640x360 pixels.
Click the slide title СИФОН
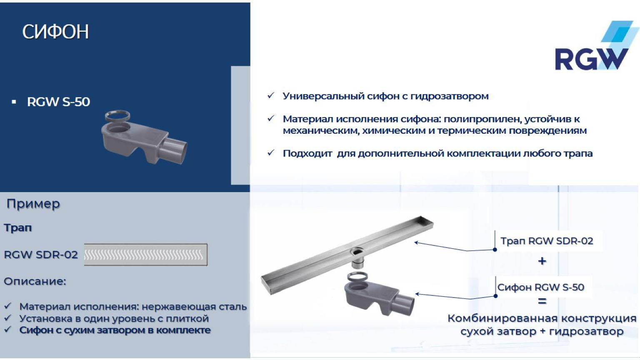point(55,32)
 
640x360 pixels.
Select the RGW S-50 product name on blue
point(58,102)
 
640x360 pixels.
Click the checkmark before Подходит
point(271,153)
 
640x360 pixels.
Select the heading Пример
point(33,204)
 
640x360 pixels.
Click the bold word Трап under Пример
point(18,228)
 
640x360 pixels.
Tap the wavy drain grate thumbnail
point(145,255)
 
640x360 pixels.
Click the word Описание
point(35,281)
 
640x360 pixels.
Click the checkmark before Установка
point(7,318)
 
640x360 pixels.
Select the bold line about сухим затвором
point(115,330)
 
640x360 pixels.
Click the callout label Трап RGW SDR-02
point(547,241)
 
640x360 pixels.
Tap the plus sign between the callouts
point(542,261)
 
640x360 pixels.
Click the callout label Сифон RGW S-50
point(541,287)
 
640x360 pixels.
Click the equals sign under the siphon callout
point(542,301)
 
